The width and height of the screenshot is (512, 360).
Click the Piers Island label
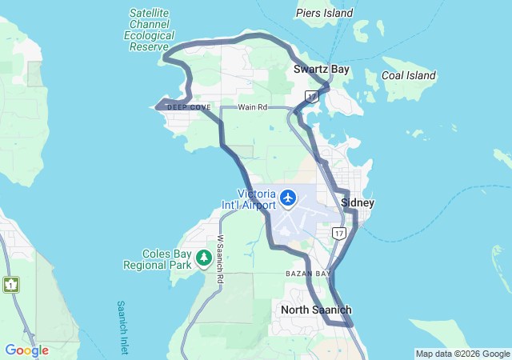[324, 13]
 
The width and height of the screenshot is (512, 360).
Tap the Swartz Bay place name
[321, 70]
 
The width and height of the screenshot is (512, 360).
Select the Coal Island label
[408, 76]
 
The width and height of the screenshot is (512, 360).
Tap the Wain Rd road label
[250, 106]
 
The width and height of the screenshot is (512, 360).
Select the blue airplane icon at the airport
[288, 197]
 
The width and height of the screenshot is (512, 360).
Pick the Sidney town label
[357, 203]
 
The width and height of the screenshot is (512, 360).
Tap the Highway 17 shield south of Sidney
[339, 234]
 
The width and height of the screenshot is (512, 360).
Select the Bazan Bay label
[308, 274]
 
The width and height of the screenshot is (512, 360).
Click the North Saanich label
[316, 310]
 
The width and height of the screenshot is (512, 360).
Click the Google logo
[26, 350]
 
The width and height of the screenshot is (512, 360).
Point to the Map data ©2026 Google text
[462, 354]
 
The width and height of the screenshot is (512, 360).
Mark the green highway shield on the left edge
[10, 284]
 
